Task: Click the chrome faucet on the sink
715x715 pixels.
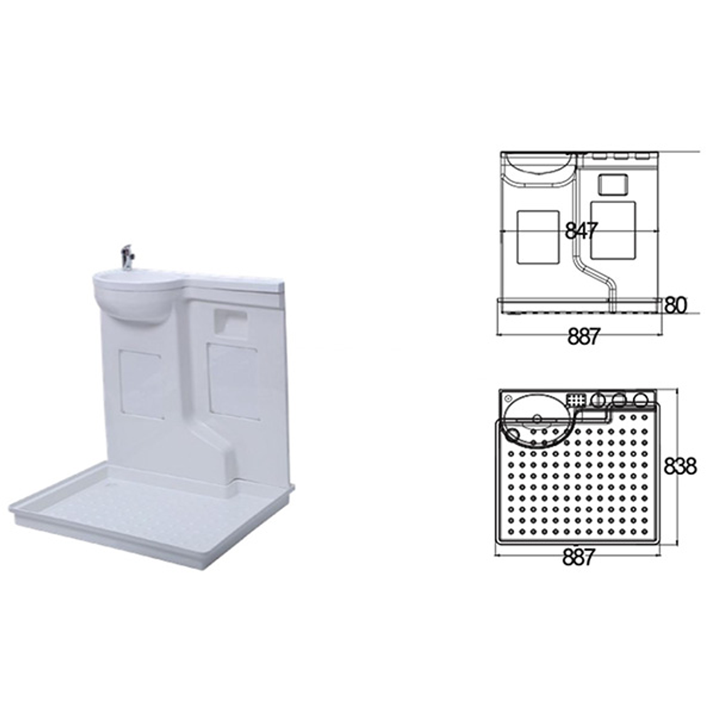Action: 126,257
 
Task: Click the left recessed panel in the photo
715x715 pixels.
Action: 141,383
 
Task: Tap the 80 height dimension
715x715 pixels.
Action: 675,305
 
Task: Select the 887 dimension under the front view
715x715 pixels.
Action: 583,337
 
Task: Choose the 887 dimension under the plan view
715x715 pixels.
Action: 577,557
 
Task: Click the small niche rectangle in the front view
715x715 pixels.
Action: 613,184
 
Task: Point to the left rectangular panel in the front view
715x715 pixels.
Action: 538,236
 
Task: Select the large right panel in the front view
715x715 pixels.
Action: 613,231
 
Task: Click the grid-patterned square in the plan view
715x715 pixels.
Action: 575,400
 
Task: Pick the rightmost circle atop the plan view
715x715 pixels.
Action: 640,399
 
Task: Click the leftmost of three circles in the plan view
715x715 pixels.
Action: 598,399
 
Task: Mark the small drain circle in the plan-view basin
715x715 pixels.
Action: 537,418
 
